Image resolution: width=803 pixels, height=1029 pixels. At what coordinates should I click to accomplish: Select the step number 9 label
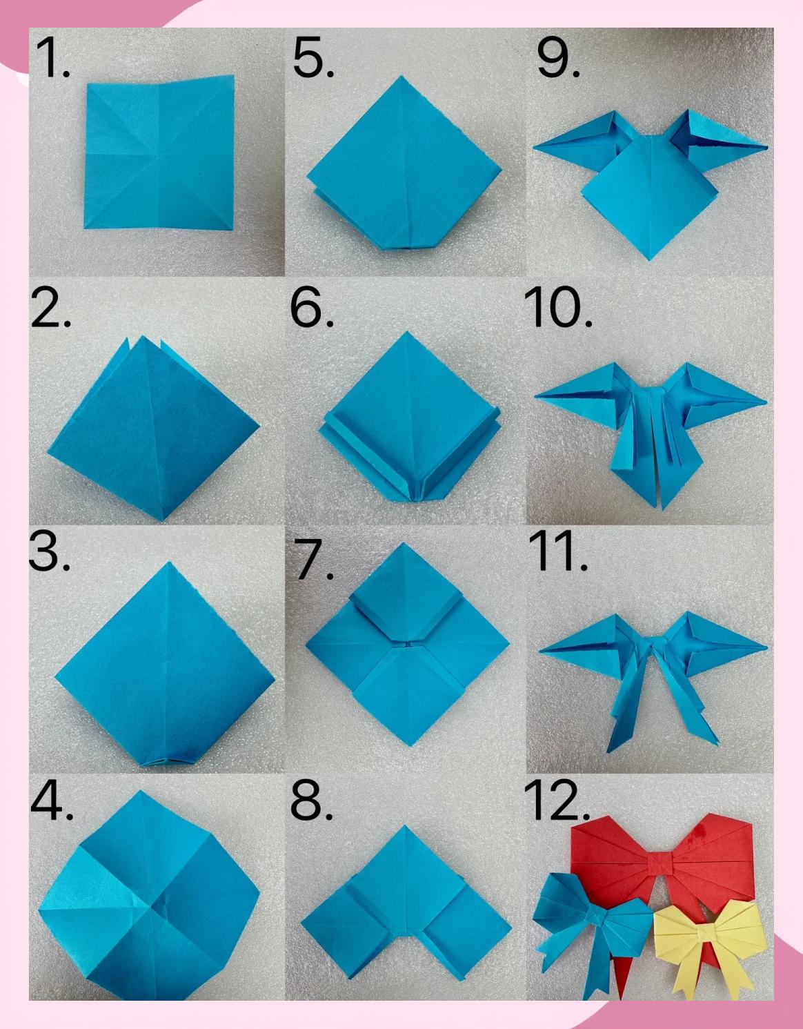pyautogui.click(x=558, y=58)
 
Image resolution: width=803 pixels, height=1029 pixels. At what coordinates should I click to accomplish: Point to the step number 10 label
pyautogui.click(x=558, y=307)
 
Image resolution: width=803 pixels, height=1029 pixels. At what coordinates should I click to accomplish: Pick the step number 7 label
pyautogui.click(x=314, y=559)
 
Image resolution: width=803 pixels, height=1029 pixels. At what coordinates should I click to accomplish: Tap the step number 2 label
pyautogui.click(x=51, y=307)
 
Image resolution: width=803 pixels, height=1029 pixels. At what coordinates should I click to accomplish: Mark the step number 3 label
pyautogui.click(x=50, y=551)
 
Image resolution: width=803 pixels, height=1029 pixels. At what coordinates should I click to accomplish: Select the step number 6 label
pyautogui.click(x=313, y=307)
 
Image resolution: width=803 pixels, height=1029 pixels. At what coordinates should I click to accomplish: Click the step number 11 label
pyautogui.click(x=558, y=551)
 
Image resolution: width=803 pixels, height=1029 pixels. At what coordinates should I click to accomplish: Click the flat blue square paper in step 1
pyautogui.click(x=159, y=153)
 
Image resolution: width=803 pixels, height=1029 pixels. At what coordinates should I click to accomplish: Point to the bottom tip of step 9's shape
pyautogui.click(x=650, y=260)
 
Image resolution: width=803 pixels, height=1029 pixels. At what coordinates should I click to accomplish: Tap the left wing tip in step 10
pyautogui.click(x=535, y=396)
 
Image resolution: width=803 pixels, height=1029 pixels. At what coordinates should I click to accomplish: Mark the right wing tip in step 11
pyautogui.click(x=766, y=647)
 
